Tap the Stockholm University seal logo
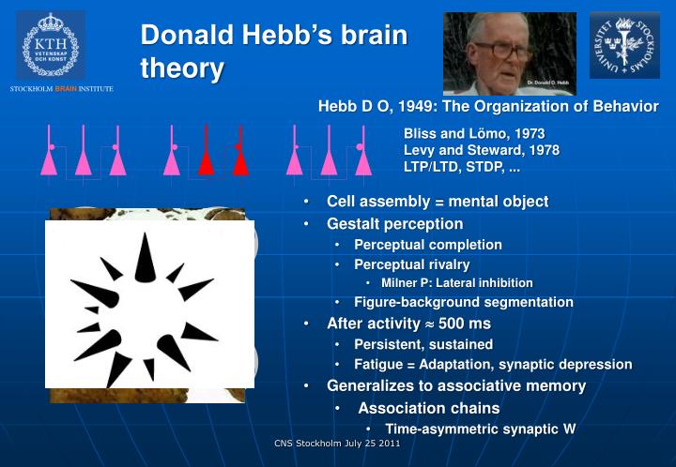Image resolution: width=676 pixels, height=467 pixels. [624, 45]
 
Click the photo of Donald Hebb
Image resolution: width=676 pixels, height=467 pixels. [509, 53]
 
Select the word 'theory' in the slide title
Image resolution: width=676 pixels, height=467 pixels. [182, 68]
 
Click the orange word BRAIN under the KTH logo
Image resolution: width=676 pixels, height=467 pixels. [66, 89]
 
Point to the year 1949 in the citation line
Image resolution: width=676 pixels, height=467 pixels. [405, 106]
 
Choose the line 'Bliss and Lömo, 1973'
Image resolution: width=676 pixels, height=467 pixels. [473, 134]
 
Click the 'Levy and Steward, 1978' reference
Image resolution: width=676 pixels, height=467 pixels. [481, 151]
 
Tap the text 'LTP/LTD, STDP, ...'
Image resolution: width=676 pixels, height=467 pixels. [461, 168]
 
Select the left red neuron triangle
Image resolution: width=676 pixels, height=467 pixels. [206, 160]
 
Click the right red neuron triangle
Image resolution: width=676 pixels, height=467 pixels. [239, 160]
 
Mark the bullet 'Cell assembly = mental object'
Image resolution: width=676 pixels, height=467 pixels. [437, 202]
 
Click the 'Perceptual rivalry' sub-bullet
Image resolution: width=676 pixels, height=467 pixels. [411, 264]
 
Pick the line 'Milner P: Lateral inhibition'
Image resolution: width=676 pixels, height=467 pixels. [456, 282]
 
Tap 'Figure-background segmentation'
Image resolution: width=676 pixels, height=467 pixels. [463, 302]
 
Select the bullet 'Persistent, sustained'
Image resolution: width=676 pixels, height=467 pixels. [422, 344]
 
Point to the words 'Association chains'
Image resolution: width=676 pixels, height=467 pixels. [428, 408]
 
